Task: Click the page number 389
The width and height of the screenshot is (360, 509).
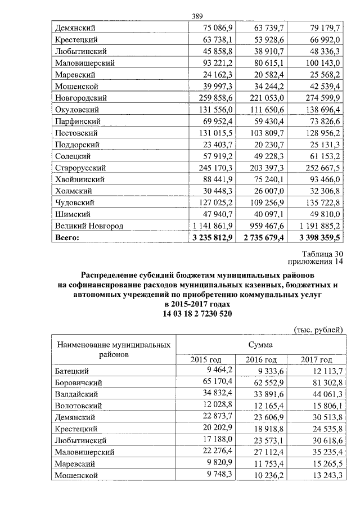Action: coord(197,16)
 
